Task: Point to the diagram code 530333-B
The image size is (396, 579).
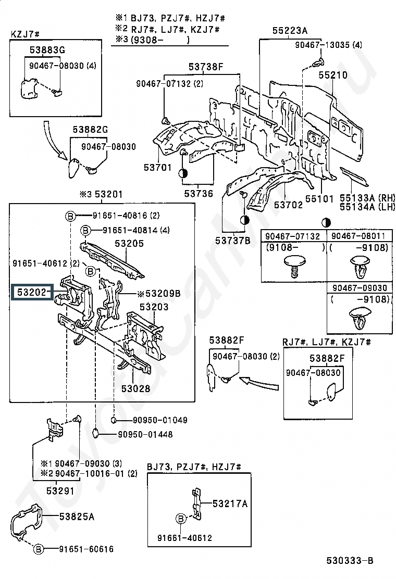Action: [x=350, y=560]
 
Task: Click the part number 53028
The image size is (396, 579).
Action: [x=136, y=388]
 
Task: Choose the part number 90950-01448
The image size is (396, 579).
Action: [x=145, y=434]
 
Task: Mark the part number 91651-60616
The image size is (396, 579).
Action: [x=86, y=549]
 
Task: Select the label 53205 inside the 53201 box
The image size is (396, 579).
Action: [x=129, y=243]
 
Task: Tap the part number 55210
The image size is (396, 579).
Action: [x=333, y=75]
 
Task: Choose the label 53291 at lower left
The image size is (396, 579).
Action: [x=60, y=490]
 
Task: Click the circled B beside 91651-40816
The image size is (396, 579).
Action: [x=71, y=216]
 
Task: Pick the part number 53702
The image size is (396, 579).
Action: [x=288, y=205]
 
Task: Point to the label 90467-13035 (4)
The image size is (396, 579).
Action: [x=328, y=45]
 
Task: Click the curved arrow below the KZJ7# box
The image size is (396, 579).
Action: [x=54, y=140]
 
